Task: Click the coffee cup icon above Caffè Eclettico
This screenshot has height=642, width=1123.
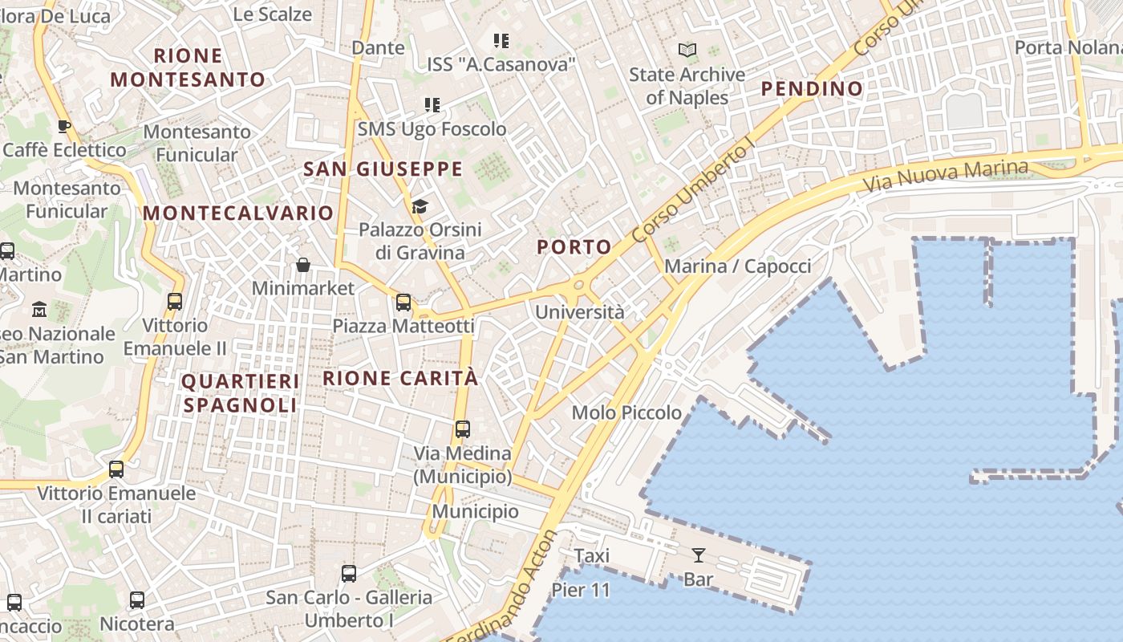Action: [x=64, y=126]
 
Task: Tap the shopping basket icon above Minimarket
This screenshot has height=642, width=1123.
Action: [x=303, y=265]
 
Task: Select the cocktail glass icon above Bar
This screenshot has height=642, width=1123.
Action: [x=699, y=555]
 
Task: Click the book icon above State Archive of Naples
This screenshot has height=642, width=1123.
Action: [x=687, y=51]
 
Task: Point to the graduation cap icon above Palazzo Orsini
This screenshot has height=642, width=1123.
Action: [x=420, y=207]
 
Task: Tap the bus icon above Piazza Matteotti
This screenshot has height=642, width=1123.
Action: [x=403, y=303]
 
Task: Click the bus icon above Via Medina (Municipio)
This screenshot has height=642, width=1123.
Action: [x=463, y=429]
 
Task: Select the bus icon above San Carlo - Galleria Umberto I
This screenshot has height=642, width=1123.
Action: [x=349, y=574]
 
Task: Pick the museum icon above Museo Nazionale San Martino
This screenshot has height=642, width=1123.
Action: [x=39, y=309]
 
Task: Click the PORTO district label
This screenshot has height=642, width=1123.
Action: [x=574, y=247]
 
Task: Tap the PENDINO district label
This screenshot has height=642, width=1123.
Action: [x=812, y=88]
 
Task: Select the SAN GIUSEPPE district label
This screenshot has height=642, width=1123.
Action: [x=383, y=169]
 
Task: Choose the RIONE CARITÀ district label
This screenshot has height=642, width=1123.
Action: [x=400, y=378]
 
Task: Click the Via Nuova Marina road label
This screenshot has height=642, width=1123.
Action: [x=945, y=176]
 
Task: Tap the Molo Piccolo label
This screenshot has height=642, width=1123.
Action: [x=626, y=412]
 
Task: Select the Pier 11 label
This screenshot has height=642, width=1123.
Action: [x=581, y=591]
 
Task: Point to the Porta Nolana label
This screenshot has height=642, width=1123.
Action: [x=1067, y=47]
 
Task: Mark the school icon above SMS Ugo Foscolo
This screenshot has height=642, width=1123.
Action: [x=432, y=105]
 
